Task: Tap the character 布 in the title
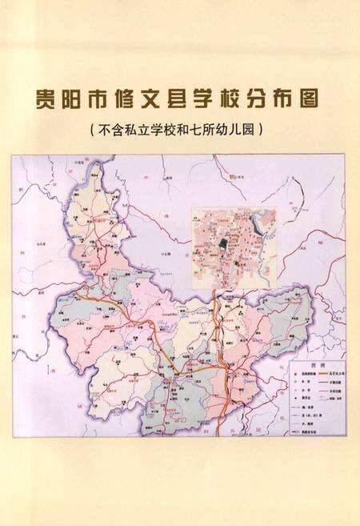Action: click(x=286, y=102)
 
